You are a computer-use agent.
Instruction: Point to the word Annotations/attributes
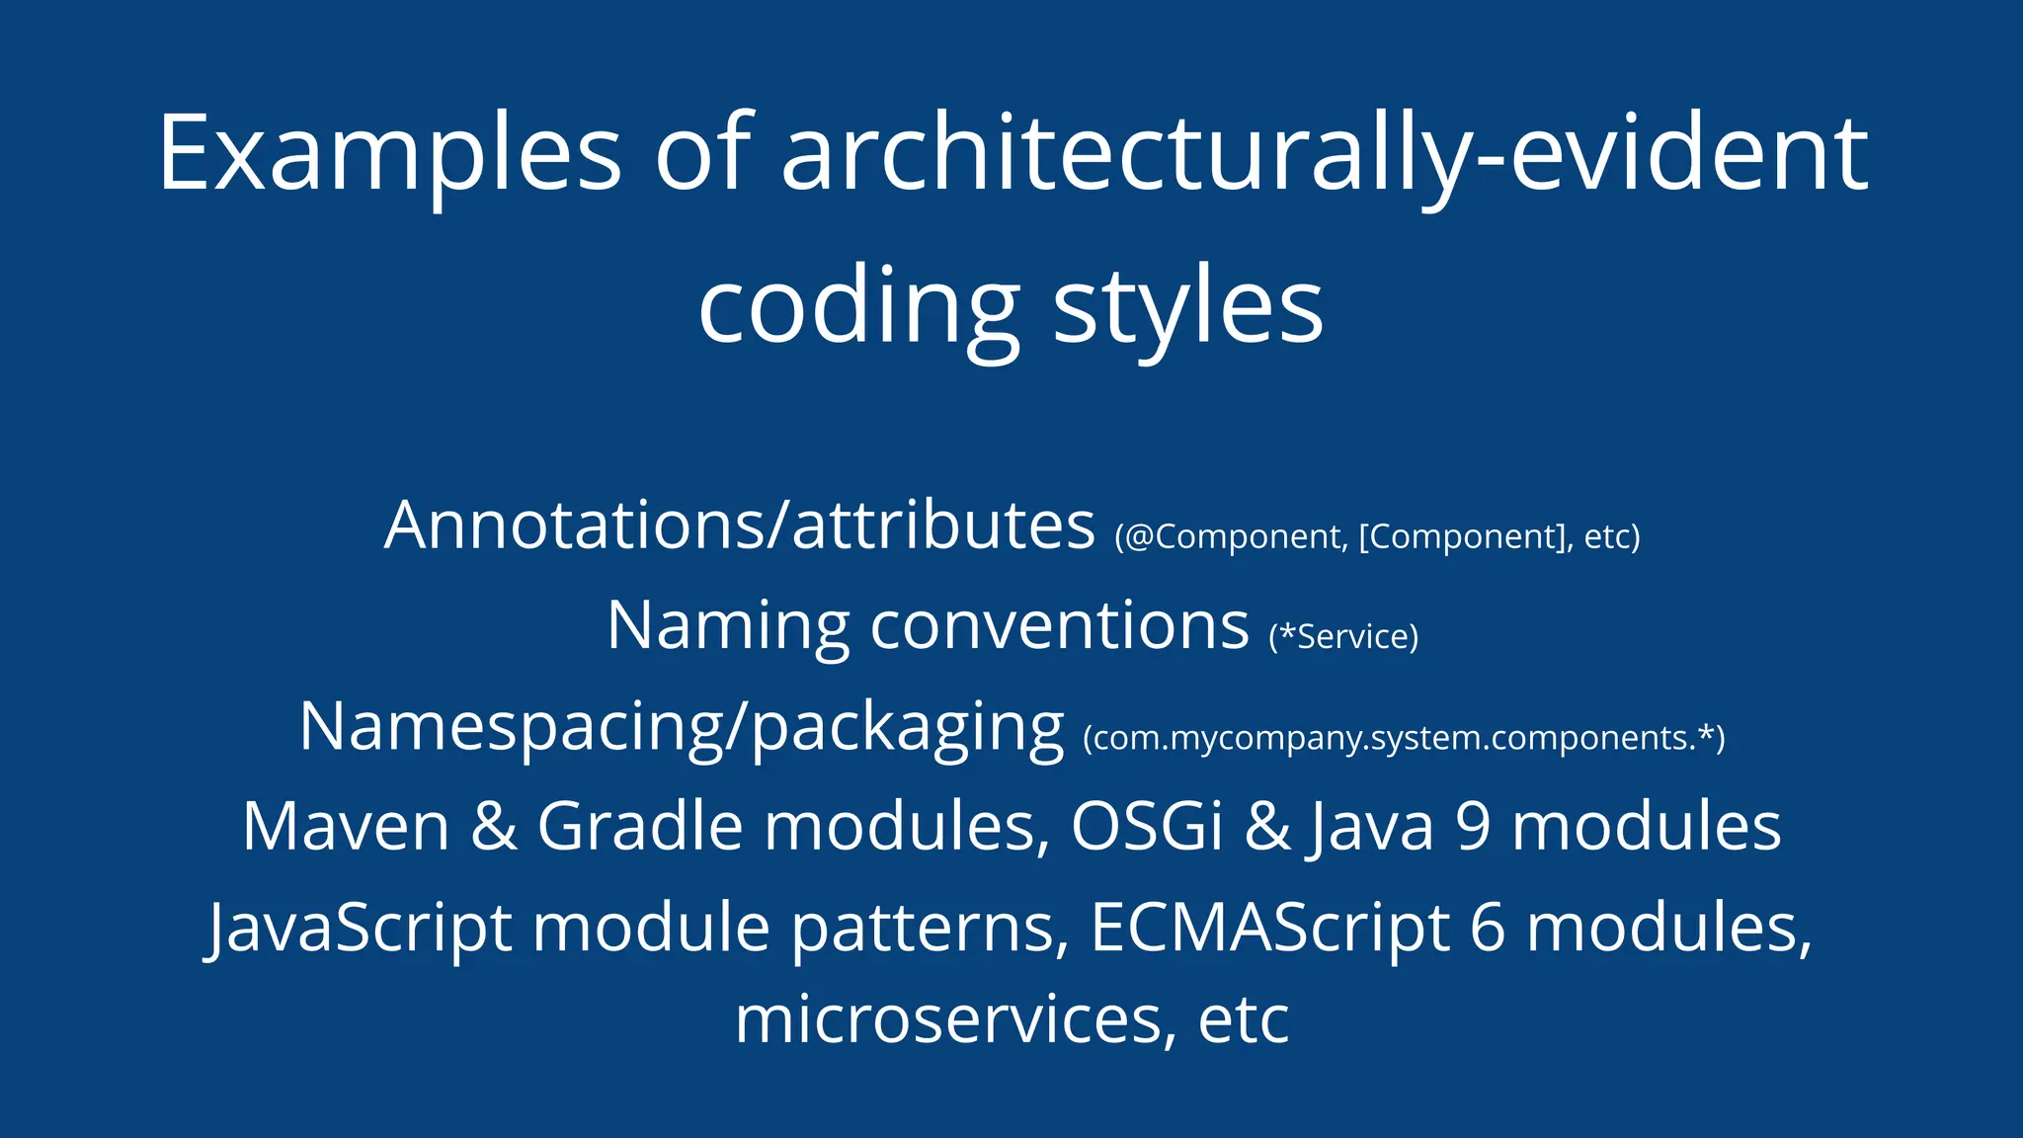739,526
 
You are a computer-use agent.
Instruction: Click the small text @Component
1235,537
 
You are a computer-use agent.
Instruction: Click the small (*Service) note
1343,637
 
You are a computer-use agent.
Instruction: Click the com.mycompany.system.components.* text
1404,738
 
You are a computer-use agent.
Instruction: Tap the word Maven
346,827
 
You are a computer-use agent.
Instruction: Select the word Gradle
639,827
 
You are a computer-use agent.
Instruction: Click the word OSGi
1147,827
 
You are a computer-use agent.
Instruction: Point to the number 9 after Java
1472,827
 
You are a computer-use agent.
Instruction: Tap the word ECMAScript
1270,929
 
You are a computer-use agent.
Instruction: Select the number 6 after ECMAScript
1488,929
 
